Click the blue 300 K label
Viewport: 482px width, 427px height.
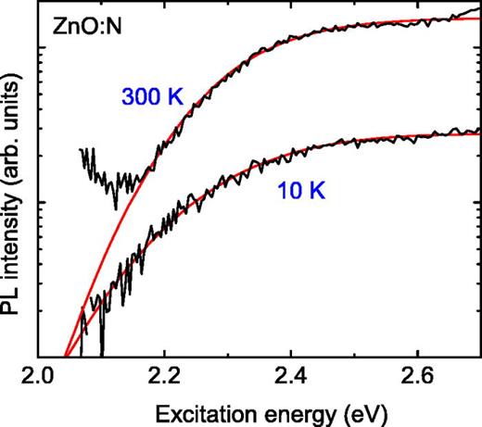[153, 94]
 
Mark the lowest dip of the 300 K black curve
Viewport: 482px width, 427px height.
[117, 208]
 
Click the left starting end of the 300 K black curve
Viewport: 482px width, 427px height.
[81, 149]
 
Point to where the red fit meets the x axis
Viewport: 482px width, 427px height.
[64, 356]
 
